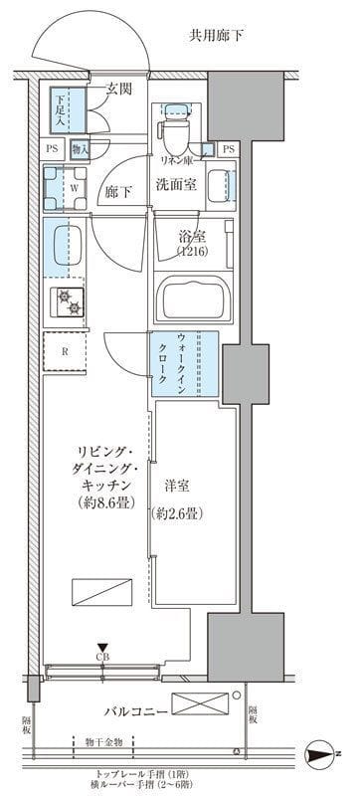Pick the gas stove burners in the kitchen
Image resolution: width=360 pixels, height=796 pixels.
click(x=69, y=300)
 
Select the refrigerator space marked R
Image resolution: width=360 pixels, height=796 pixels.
click(x=64, y=351)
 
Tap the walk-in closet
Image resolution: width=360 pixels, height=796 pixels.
click(x=185, y=364)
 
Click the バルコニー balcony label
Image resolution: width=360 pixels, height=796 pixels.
click(x=138, y=712)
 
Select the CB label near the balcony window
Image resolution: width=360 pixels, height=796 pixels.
click(x=102, y=655)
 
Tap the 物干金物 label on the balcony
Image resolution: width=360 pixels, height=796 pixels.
click(x=103, y=740)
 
